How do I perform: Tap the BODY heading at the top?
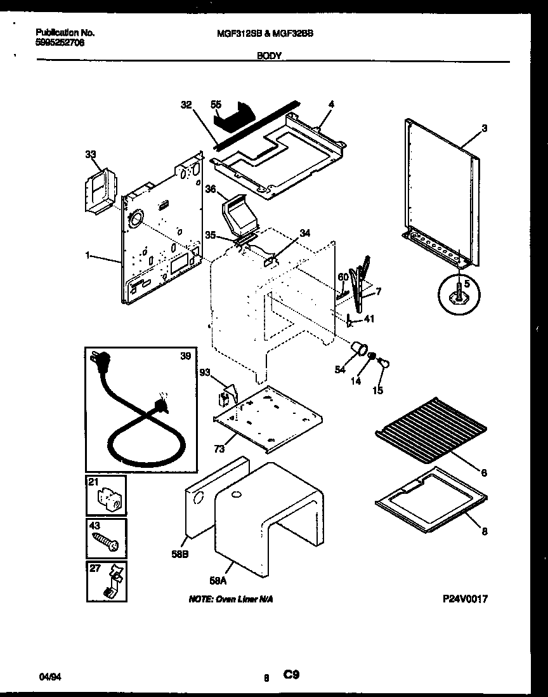click(x=269, y=56)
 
